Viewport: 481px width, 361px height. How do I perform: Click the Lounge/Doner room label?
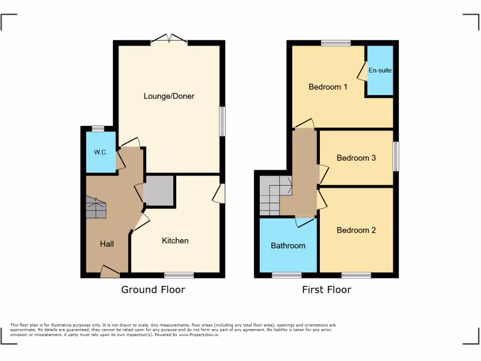click(169, 96)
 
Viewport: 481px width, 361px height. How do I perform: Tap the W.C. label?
click(101, 152)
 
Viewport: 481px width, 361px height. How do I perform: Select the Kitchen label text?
click(175, 241)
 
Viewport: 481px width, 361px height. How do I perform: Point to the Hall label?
click(107, 244)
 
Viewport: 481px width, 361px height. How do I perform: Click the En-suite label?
click(380, 71)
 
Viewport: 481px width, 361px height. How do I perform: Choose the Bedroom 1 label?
click(328, 87)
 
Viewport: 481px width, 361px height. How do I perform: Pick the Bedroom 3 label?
click(356, 158)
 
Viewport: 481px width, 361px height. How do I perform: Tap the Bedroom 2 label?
click(356, 230)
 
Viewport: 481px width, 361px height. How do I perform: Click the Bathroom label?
click(288, 245)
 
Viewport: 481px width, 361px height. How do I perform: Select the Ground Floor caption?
click(153, 290)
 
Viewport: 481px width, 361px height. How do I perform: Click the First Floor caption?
click(326, 290)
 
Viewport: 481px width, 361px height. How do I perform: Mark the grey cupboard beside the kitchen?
click(160, 190)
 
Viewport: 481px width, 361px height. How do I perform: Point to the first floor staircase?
click(274, 196)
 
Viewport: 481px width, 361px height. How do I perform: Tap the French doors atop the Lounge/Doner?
click(169, 40)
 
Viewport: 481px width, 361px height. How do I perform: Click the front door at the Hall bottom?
click(110, 272)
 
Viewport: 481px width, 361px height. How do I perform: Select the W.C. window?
click(98, 128)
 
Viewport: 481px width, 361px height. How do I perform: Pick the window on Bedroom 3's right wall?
click(396, 157)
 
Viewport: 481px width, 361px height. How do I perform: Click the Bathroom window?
click(287, 275)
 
